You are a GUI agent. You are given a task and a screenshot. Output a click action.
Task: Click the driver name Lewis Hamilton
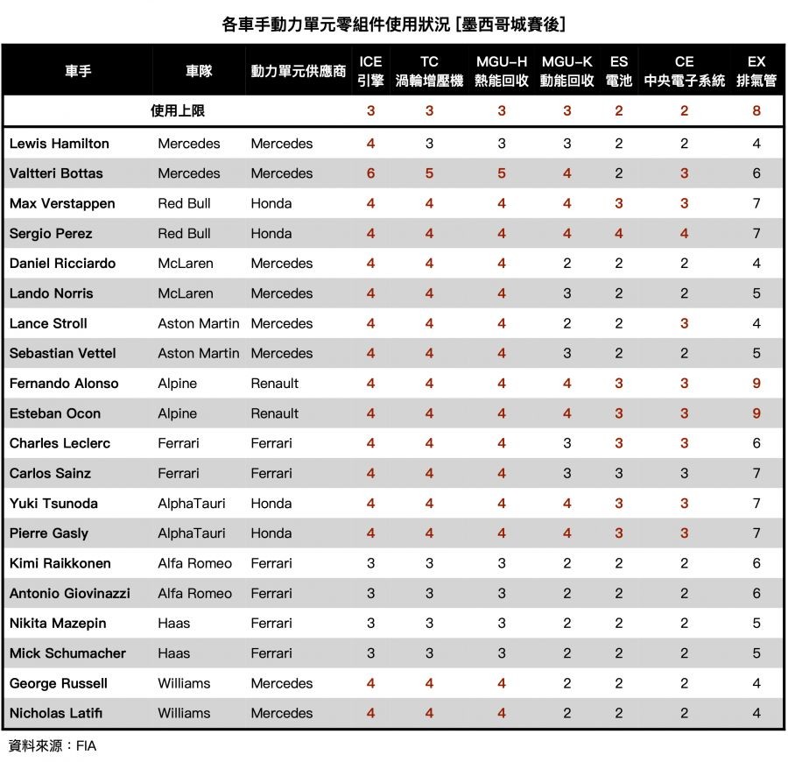pyautogui.click(x=60, y=144)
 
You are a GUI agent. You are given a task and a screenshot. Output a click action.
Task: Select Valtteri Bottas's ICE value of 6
pyautogui.click(x=370, y=173)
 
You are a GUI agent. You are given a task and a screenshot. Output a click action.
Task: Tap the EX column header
pyautogui.click(x=756, y=71)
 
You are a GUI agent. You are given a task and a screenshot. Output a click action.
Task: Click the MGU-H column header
pyautogui.click(x=502, y=71)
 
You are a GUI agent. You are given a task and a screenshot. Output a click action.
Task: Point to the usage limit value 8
pyautogui.click(x=756, y=111)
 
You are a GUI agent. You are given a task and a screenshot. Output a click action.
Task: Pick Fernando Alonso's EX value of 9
pyautogui.click(x=756, y=384)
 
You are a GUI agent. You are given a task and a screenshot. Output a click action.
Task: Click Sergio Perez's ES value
pyautogui.click(x=619, y=234)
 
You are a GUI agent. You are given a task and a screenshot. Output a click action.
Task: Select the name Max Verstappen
pyautogui.click(x=62, y=204)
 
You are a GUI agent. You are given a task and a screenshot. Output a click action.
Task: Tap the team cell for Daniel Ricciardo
pyautogui.click(x=186, y=264)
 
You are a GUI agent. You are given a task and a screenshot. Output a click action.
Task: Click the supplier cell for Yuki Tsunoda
pyautogui.click(x=271, y=504)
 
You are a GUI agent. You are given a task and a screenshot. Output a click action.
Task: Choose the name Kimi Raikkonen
pyautogui.click(x=60, y=563)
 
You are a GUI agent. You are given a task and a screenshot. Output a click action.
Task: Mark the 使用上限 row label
pyautogui.click(x=178, y=111)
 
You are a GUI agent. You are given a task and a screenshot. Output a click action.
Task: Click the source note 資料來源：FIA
pyautogui.click(x=53, y=746)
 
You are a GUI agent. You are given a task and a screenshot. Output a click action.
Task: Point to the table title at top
pyautogui.click(x=394, y=24)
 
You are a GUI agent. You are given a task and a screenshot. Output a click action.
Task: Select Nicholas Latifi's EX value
pyautogui.click(x=756, y=713)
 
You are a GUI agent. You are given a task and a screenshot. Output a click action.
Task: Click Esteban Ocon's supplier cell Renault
pyautogui.click(x=275, y=413)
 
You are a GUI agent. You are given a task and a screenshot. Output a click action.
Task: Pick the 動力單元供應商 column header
pyautogui.click(x=299, y=71)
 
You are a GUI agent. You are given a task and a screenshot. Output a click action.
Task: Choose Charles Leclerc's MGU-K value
pyautogui.click(x=567, y=443)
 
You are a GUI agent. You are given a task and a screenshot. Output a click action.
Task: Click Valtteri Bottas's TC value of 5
pyautogui.click(x=429, y=173)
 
